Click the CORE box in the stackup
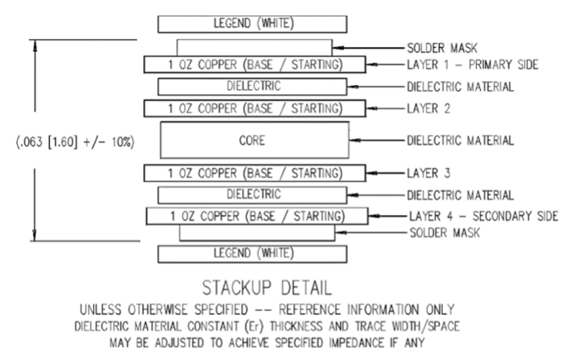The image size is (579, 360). [255, 141]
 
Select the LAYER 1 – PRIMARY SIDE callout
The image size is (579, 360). [472, 65]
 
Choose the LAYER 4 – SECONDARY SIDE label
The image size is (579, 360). [482, 216]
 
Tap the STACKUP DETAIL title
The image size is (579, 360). [255, 288]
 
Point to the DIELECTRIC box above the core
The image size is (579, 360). [254, 86]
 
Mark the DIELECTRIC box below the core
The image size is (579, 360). [254, 195]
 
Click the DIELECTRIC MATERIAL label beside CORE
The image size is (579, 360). [460, 141]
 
